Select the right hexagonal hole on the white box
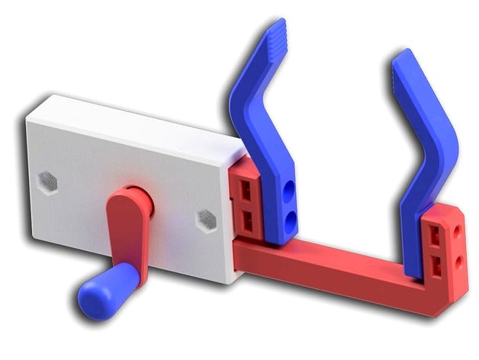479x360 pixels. [206, 220]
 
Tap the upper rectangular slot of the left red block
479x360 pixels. [247, 188]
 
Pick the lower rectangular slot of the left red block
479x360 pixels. [248, 220]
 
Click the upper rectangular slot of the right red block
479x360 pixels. [435, 234]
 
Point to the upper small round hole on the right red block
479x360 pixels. [458, 230]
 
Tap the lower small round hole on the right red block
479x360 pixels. [458, 261]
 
